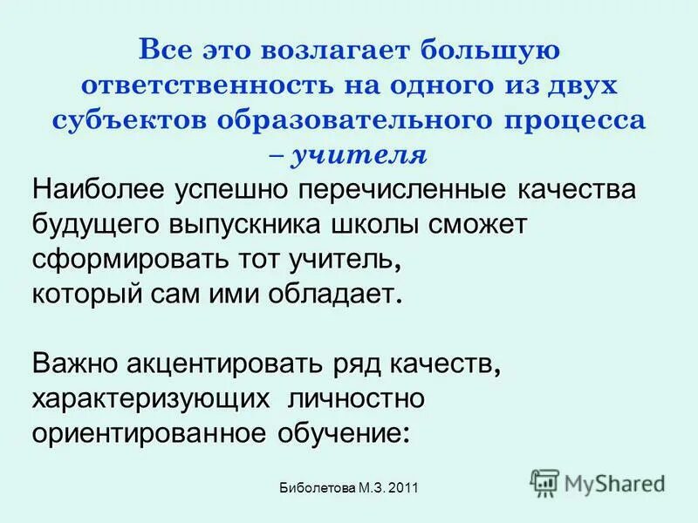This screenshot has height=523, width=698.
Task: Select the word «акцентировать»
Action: (232, 363)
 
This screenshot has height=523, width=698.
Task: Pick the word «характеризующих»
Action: (150, 397)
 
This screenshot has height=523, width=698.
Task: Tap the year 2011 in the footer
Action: (403, 489)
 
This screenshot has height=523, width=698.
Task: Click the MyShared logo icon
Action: (544, 481)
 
